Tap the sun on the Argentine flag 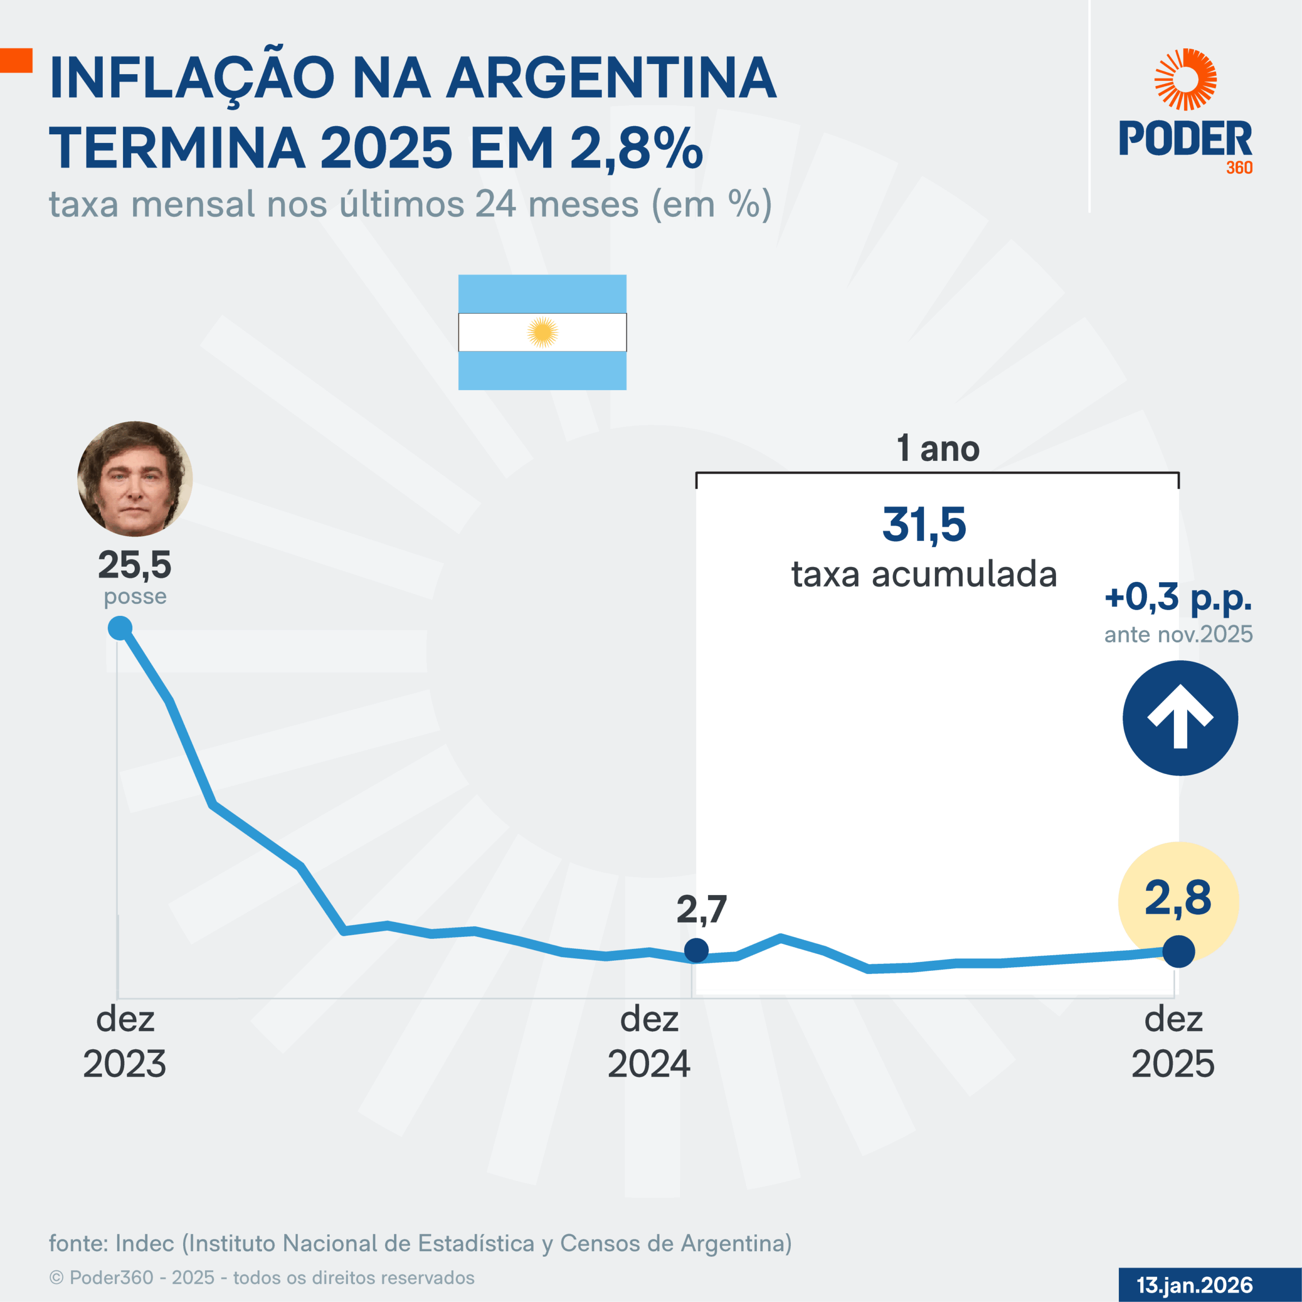click(x=543, y=332)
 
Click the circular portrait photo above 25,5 click(x=135, y=479)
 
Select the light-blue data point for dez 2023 click(x=120, y=628)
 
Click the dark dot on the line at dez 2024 click(x=696, y=950)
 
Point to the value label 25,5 click(x=135, y=565)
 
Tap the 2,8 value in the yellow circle click(x=1178, y=898)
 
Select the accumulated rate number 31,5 click(x=924, y=525)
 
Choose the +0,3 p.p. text click(x=1178, y=597)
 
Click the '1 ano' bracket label click(x=937, y=449)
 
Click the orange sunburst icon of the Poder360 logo click(x=1186, y=79)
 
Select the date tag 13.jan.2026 click(x=1194, y=1285)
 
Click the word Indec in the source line click(x=144, y=1244)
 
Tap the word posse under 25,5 click(x=135, y=597)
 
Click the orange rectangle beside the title click(x=16, y=60)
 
